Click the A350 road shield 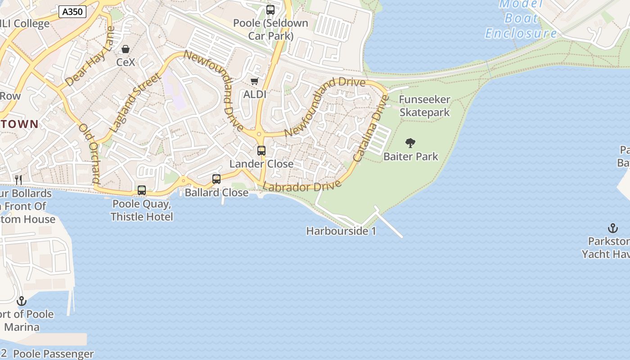click(x=72, y=12)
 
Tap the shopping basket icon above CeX click(x=126, y=49)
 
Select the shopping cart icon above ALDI click(x=254, y=81)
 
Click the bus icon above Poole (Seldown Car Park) click(x=270, y=10)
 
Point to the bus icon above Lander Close click(x=261, y=151)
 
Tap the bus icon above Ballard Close click(x=216, y=179)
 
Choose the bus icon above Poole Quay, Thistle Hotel click(x=142, y=190)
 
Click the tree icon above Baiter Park click(x=410, y=144)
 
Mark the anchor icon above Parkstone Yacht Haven click(x=612, y=228)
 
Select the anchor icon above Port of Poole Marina click(x=22, y=301)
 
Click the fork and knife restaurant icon click(x=18, y=180)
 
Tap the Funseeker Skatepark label click(x=424, y=106)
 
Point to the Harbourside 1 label click(x=341, y=231)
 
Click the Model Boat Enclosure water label click(x=521, y=18)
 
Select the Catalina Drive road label click(x=370, y=129)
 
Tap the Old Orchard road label click(x=89, y=153)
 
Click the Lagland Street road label click(x=135, y=102)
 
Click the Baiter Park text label click(x=410, y=157)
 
